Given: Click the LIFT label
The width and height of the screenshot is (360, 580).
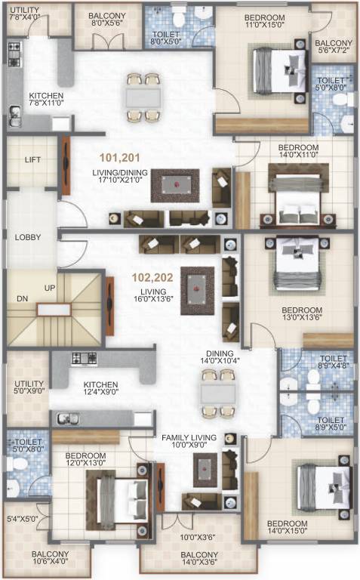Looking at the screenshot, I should pyautogui.click(x=32, y=160).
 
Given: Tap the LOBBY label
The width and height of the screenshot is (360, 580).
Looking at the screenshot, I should pyautogui.click(x=27, y=237).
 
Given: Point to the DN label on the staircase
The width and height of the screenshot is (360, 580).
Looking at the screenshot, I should pyautogui.click(x=23, y=298).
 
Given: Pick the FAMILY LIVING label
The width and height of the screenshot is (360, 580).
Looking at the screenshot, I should pyautogui.click(x=189, y=438).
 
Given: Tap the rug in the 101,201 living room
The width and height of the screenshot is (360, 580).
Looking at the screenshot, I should pyautogui.click(x=175, y=185).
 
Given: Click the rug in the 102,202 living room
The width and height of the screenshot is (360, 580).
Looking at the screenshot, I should pyautogui.click(x=198, y=290).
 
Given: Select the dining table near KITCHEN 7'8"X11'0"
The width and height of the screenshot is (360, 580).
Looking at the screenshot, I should pyautogui.click(x=143, y=97).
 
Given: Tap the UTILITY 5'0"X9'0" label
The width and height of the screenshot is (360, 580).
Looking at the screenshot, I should pyautogui.click(x=27, y=387).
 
